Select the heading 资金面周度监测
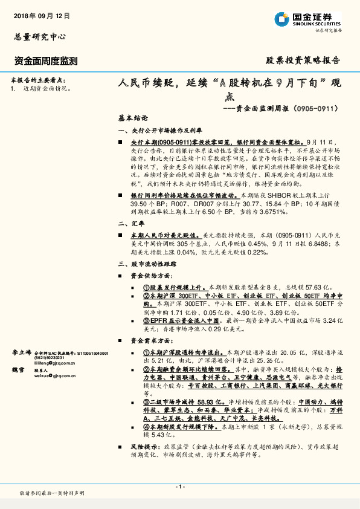pos(46,61)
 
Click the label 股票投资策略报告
pos(303,61)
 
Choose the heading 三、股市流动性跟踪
pos(147,265)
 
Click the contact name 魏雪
pos(19,369)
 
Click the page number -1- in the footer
pos(180,487)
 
